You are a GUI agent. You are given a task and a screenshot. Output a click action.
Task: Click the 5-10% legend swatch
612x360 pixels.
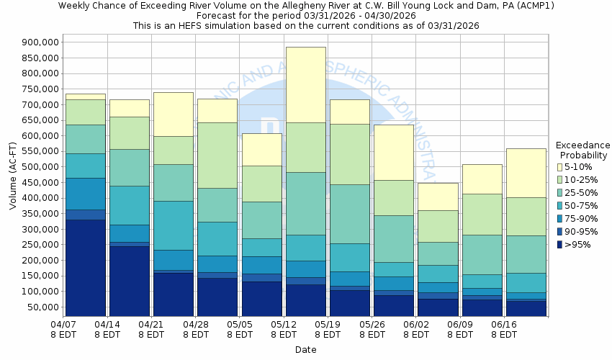[560, 167]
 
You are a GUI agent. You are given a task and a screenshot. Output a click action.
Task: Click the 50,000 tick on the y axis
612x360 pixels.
[43, 307]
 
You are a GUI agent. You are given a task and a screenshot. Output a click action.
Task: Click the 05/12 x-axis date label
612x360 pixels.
[284, 325]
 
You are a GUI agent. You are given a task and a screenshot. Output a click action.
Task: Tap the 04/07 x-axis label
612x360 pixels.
[63, 325]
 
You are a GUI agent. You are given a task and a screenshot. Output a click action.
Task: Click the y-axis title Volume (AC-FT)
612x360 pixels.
[13, 176]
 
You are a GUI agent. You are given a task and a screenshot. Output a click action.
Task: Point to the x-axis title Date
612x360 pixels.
[305, 349]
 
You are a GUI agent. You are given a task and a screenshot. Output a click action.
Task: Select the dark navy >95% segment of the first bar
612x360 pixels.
[85, 267]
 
